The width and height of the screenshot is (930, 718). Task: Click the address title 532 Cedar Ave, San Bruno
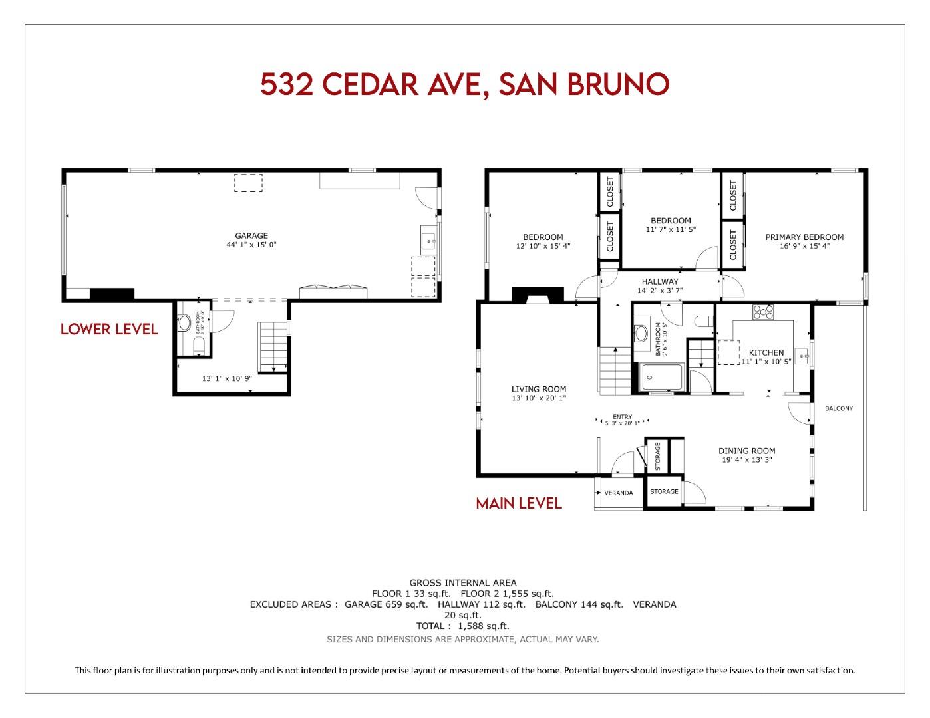(464, 84)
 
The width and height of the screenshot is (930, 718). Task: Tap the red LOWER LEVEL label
(109, 329)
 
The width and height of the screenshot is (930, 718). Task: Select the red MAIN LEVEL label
(519, 503)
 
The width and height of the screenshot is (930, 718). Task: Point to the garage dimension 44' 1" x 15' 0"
(251, 245)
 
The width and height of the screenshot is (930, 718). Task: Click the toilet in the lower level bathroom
(198, 344)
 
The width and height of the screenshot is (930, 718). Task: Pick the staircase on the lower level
(273, 348)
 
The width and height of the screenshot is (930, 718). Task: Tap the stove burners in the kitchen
(763, 311)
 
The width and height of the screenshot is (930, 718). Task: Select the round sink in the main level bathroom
(642, 332)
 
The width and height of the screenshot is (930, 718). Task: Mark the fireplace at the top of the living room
(538, 295)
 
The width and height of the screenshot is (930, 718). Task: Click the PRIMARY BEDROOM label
(804, 237)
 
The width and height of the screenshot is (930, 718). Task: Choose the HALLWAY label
(660, 281)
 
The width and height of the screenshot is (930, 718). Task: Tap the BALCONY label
(838, 408)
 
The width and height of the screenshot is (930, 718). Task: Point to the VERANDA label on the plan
(618, 493)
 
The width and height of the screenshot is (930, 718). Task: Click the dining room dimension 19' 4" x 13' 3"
(746, 460)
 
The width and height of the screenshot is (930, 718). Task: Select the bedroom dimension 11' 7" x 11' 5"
(671, 230)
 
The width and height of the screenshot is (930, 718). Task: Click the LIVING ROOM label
(539, 389)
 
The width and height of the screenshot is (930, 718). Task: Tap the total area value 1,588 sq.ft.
(483, 626)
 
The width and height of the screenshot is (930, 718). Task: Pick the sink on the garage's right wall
(428, 240)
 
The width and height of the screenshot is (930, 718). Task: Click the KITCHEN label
(766, 352)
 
